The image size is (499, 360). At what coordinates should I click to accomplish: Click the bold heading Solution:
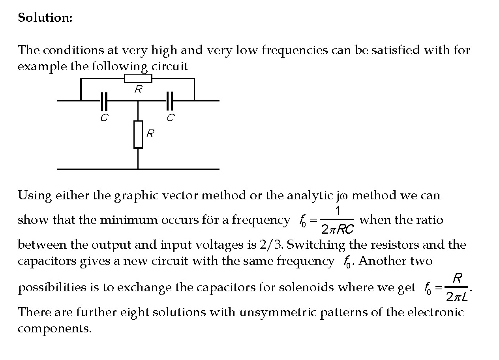pyautogui.click(x=45, y=18)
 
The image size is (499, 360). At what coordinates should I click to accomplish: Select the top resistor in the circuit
pyautogui.click(x=138, y=79)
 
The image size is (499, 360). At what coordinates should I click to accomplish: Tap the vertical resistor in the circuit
pyautogui.click(x=138, y=135)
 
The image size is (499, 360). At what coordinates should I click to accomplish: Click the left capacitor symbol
pyautogui.click(x=104, y=101)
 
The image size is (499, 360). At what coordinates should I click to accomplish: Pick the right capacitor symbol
pyautogui.click(x=170, y=101)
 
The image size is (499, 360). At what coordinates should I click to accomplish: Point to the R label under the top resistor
pyautogui.click(x=138, y=90)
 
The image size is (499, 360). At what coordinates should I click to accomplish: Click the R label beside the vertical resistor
pyautogui.click(x=150, y=134)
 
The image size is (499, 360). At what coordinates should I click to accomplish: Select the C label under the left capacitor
pyautogui.click(x=104, y=118)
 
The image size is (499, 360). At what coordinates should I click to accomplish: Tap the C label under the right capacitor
pyautogui.click(x=170, y=118)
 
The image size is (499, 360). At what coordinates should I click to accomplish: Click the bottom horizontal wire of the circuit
pyautogui.click(x=138, y=169)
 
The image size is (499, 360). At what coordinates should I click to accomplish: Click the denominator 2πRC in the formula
pyautogui.click(x=337, y=229)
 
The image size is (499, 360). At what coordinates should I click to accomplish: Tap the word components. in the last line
pyautogui.click(x=54, y=328)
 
